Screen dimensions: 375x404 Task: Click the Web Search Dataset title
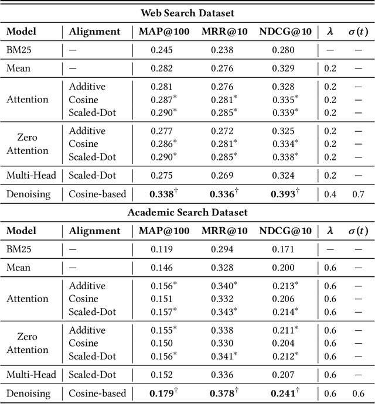click(187, 13)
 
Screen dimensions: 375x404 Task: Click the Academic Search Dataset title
click(187, 212)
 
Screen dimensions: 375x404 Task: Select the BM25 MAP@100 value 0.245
click(162, 50)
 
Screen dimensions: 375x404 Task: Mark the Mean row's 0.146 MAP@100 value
click(162, 268)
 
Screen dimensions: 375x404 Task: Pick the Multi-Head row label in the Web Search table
click(28, 174)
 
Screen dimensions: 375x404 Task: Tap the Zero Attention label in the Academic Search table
click(28, 343)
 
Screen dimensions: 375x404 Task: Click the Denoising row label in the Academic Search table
click(28, 393)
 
